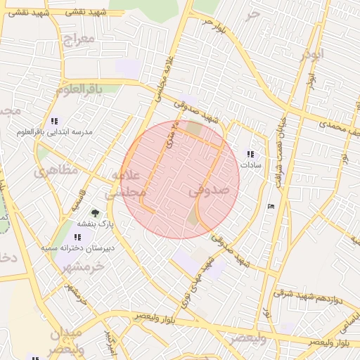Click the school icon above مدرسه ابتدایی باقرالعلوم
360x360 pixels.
[55, 121]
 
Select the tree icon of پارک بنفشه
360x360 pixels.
[94, 212]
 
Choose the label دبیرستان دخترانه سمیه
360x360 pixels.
[68, 248]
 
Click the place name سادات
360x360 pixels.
[251, 165]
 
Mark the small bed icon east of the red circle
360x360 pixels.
[271, 206]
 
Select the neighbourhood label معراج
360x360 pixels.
[77, 39]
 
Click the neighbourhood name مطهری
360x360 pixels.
[51, 171]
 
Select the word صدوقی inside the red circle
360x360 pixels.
[209, 191]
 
